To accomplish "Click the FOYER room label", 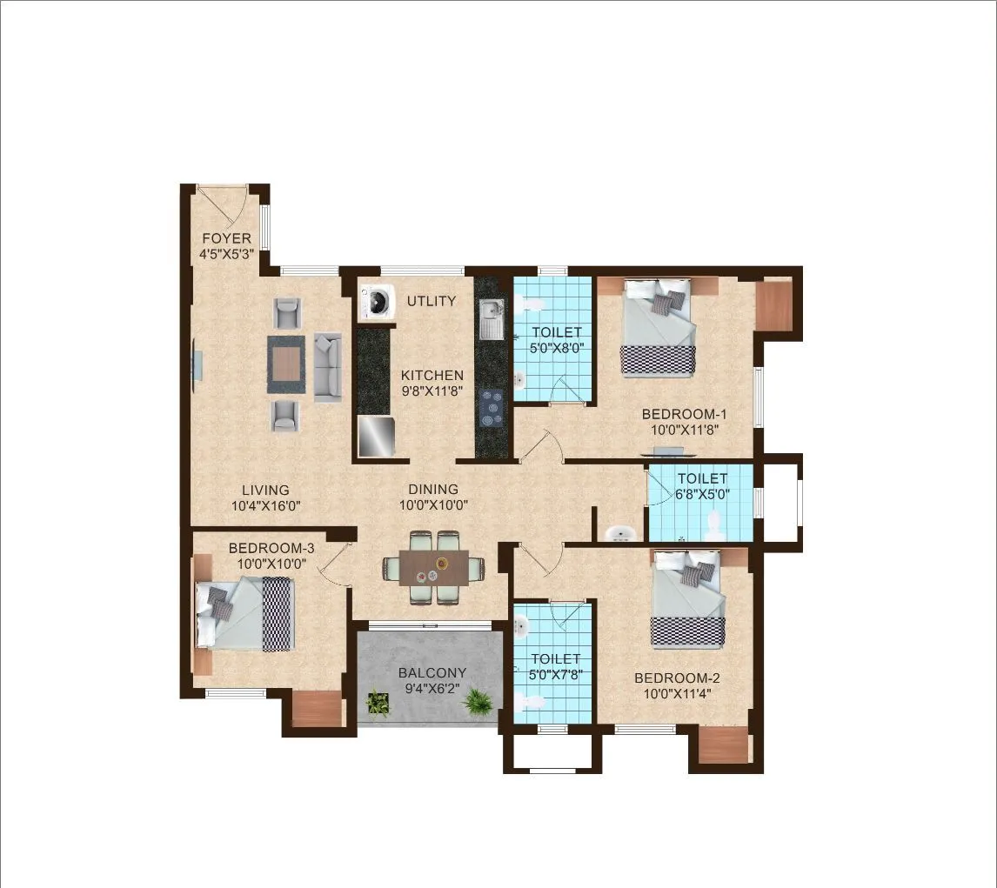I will point(226,238).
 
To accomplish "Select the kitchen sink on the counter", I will point(491,318).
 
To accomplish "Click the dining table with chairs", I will point(434,567).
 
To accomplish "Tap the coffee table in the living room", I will point(286,364).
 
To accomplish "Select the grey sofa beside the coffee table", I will point(327,365).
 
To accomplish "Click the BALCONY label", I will point(432,672).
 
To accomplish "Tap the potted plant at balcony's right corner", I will point(477,700).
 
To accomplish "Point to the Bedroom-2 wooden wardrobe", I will point(724,744).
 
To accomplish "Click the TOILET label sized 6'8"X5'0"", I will point(702,478).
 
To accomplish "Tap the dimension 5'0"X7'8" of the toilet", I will point(555,674).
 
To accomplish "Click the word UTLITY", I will point(432,301).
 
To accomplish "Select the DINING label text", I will point(429,489).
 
